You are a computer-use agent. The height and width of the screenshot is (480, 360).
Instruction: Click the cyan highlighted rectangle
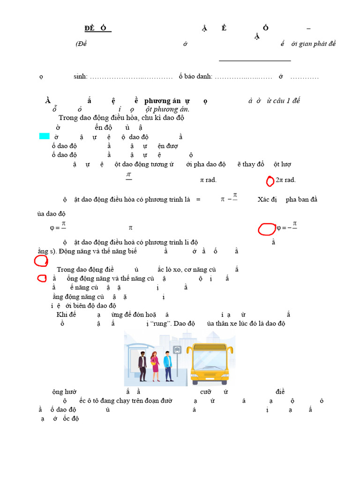click(44, 136)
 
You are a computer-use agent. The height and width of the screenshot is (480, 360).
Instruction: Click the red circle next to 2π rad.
click(270, 181)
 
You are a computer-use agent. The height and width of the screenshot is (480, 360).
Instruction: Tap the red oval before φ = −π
click(267, 229)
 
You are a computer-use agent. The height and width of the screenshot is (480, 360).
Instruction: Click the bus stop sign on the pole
click(177, 349)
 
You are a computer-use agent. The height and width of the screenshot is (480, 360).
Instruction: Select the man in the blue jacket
click(167, 365)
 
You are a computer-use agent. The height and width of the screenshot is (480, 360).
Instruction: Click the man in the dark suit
click(142, 365)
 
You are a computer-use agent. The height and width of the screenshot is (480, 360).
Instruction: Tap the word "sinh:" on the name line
click(81, 76)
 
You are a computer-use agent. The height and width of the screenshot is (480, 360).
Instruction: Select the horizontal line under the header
click(255, 60)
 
